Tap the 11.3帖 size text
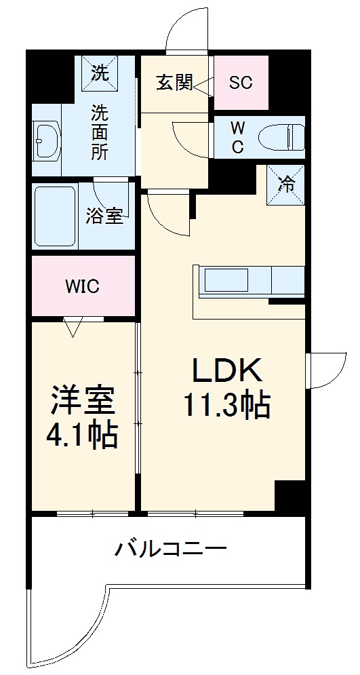[x=226, y=405]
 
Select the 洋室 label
[x=82, y=401]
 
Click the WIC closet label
[x=82, y=286]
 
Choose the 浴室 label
[x=104, y=217]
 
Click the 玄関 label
[x=174, y=83]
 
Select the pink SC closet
[x=241, y=83]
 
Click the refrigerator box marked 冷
[x=287, y=183]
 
